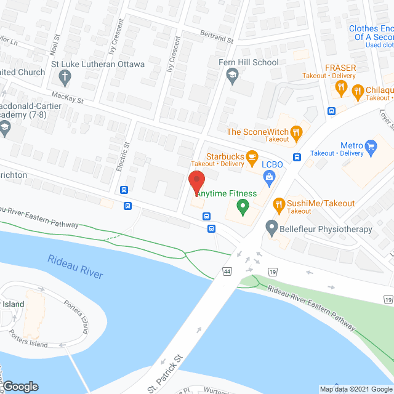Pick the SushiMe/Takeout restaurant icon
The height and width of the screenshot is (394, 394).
click(278, 204)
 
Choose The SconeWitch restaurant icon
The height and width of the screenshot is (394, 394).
click(296, 132)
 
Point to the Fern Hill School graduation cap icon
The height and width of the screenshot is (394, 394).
click(232, 76)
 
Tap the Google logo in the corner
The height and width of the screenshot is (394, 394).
click(20, 386)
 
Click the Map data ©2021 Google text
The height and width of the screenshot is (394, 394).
click(355, 388)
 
